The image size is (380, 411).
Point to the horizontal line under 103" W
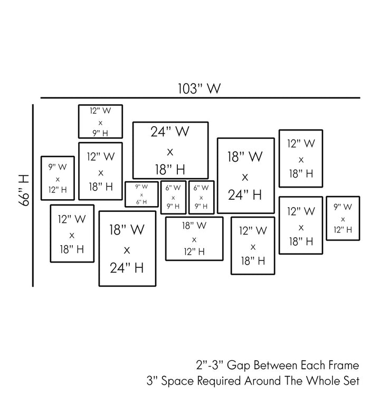[201, 98]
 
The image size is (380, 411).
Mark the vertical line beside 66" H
[33, 195]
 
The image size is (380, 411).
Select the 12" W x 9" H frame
[100, 122]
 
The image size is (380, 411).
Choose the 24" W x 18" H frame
[169, 151]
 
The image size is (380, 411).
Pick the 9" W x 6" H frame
[141, 194]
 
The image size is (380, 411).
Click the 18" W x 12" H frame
[194, 239]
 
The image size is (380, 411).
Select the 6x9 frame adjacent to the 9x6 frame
[173, 197]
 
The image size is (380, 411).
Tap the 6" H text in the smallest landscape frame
[141, 202]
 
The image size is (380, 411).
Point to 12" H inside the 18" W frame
[194, 251]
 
